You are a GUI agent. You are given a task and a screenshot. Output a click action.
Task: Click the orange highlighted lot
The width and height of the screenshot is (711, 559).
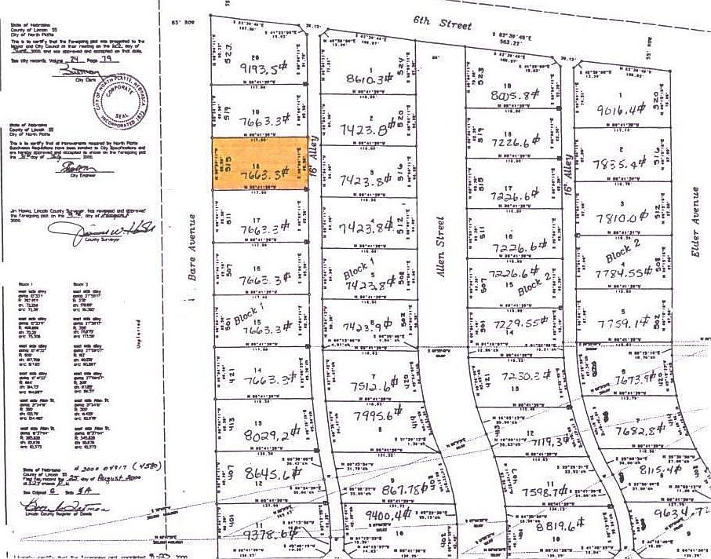(x=259, y=163)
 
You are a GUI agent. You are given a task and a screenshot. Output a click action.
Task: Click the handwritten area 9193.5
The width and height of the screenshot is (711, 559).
(x=259, y=68)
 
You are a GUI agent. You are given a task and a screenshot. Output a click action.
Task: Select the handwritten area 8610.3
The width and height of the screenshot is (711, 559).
(x=368, y=79)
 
